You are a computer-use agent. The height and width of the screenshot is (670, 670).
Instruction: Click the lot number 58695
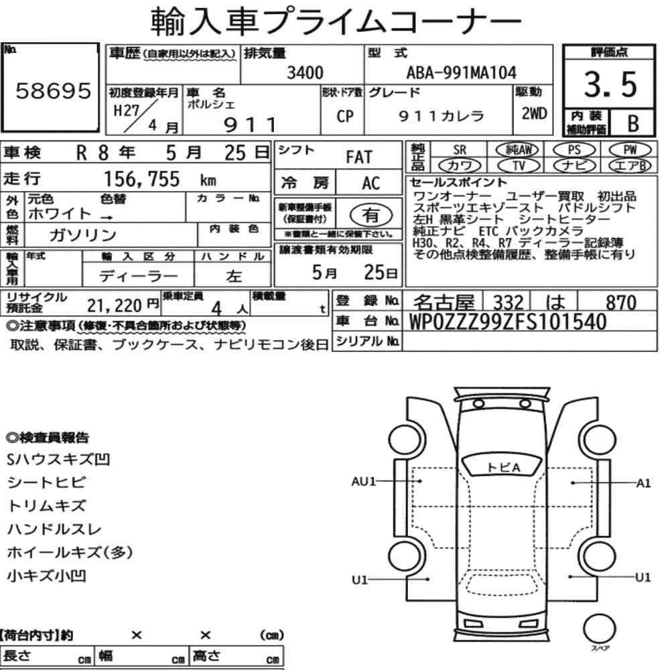pyautogui.click(x=54, y=90)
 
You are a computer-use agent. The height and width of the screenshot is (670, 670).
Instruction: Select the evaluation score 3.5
pyautogui.click(x=610, y=84)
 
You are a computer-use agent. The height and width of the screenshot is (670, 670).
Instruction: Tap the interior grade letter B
pyautogui.click(x=633, y=123)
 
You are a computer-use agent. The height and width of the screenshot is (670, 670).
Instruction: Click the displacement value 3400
pyautogui.click(x=305, y=72)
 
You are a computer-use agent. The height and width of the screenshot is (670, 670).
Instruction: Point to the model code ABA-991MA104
pyautogui.click(x=462, y=72)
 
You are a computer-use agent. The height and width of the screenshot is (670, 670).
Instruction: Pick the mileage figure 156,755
pyautogui.click(x=142, y=179)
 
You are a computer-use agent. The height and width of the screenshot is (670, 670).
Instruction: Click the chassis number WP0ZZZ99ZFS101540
pyautogui.click(x=508, y=322)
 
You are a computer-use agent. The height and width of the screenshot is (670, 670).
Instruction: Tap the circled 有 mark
pyautogui.click(x=371, y=215)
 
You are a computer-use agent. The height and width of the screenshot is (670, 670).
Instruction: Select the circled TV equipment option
pyautogui.click(x=519, y=165)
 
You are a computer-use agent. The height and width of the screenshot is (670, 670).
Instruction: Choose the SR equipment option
pyautogui.click(x=460, y=150)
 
